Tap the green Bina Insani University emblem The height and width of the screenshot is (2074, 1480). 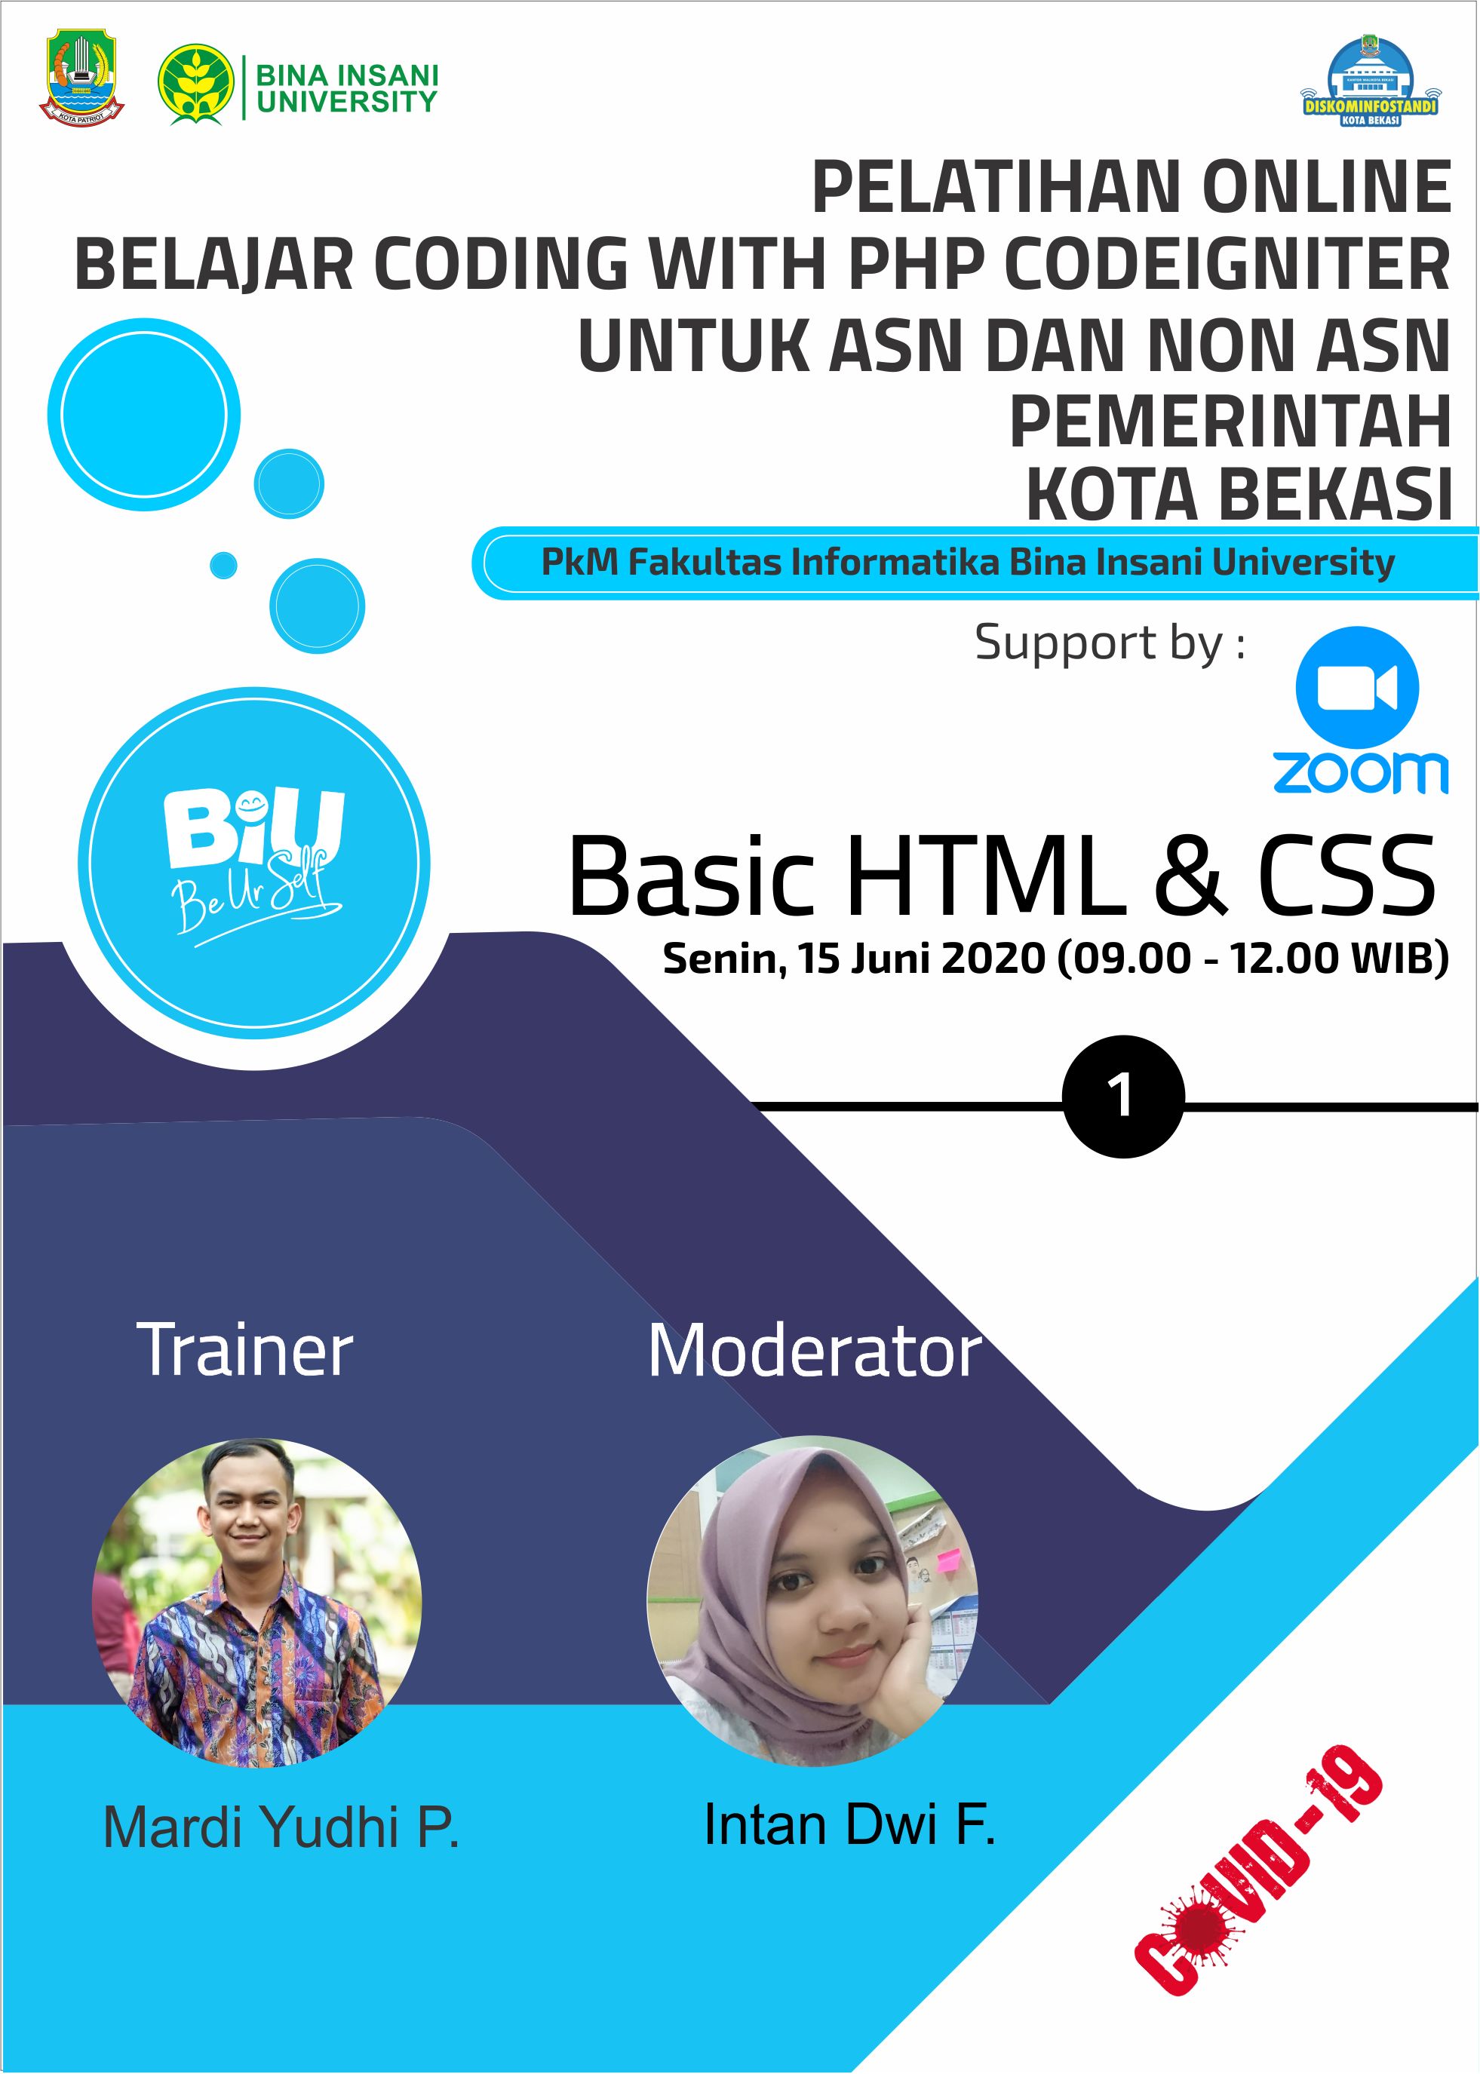pyautogui.click(x=196, y=84)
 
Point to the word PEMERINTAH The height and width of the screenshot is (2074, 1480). pyautogui.click(x=1230, y=422)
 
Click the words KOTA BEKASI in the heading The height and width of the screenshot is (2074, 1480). pyautogui.click(x=1239, y=495)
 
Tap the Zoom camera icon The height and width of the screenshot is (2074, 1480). pyautogui.click(x=1357, y=688)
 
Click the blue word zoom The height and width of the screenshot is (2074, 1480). pyautogui.click(x=1361, y=773)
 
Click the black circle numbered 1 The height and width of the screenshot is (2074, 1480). pyautogui.click(x=1124, y=1097)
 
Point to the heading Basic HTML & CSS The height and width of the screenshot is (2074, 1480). pyautogui.click(x=1002, y=875)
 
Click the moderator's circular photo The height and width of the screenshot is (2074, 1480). pyautogui.click(x=812, y=1602)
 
